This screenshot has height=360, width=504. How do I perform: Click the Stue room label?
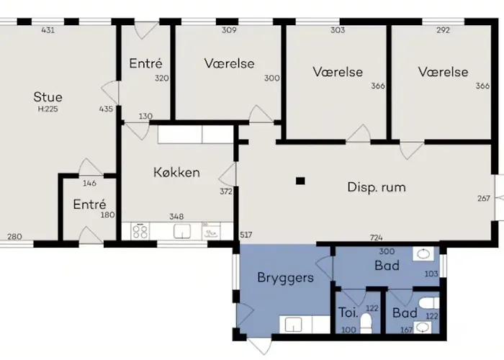[48, 97]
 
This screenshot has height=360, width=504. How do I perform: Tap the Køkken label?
[176, 173]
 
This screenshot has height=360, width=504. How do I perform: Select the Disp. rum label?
[376, 187]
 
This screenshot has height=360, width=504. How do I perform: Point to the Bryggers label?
[286, 276]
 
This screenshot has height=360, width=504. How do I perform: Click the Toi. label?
[348, 313]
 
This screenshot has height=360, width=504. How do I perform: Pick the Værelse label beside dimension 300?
[229, 63]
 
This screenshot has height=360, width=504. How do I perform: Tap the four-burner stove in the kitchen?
[140, 232]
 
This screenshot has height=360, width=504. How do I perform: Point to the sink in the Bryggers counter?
[294, 325]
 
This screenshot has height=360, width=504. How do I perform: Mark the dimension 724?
[376, 237]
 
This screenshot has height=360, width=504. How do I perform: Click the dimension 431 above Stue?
[48, 30]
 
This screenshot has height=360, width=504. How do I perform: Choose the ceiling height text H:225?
[48, 110]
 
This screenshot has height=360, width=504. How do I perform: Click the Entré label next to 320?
[145, 64]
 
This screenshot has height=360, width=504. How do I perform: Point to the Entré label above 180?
[89, 204]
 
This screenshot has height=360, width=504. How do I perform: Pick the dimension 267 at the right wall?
[484, 199]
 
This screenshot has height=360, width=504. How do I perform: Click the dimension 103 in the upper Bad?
[431, 274]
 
